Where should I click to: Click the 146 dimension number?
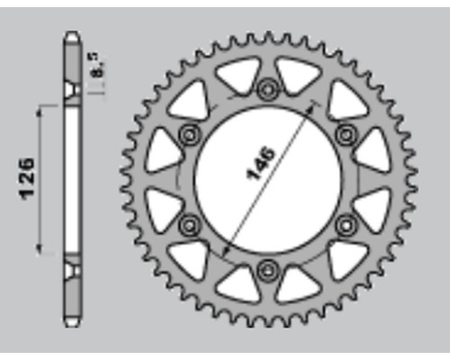pyautogui.click(x=260, y=164)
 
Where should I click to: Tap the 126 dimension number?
pyautogui.click(x=27, y=178)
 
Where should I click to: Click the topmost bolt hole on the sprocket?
pyautogui.click(x=267, y=89)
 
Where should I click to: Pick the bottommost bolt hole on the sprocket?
pyautogui.click(x=267, y=271)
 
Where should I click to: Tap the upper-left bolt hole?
pyautogui.click(x=189, y=135)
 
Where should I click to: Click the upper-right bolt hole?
pyautogui.click(x=346, y=134)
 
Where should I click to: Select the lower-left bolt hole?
pyautogui.click(x=189, y=225)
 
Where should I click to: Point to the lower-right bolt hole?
pyautogui.click(x=346, y=225)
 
